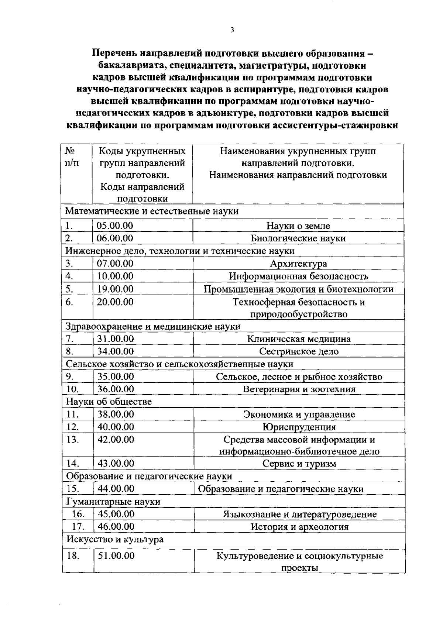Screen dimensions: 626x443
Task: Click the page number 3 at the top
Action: (232, 30)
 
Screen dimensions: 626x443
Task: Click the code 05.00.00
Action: (115, 226)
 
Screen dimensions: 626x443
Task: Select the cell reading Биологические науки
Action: (298, 238)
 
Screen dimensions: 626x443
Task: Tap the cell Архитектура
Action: (298, 264)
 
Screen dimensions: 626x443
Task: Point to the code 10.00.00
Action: (115, 276)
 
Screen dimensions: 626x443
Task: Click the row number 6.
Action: (69, 302)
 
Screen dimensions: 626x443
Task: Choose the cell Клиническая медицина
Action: (298, 339)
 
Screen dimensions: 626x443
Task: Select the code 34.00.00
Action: (115, 351)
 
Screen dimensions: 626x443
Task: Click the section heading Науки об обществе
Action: (109, 401)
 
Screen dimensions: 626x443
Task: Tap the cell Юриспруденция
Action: (299, 427)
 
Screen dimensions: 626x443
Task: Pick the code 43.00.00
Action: (116, 463)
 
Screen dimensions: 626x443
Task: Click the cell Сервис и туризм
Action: (299, 464)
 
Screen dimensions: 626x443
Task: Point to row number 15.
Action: (73, 489)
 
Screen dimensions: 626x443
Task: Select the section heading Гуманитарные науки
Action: (113, 502)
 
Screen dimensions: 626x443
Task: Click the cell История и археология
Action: (299, 527)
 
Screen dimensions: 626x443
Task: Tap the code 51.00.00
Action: (116, 556)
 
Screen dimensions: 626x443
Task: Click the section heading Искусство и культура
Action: (115, 539)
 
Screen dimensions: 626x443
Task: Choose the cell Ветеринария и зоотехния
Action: (299, 389)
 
